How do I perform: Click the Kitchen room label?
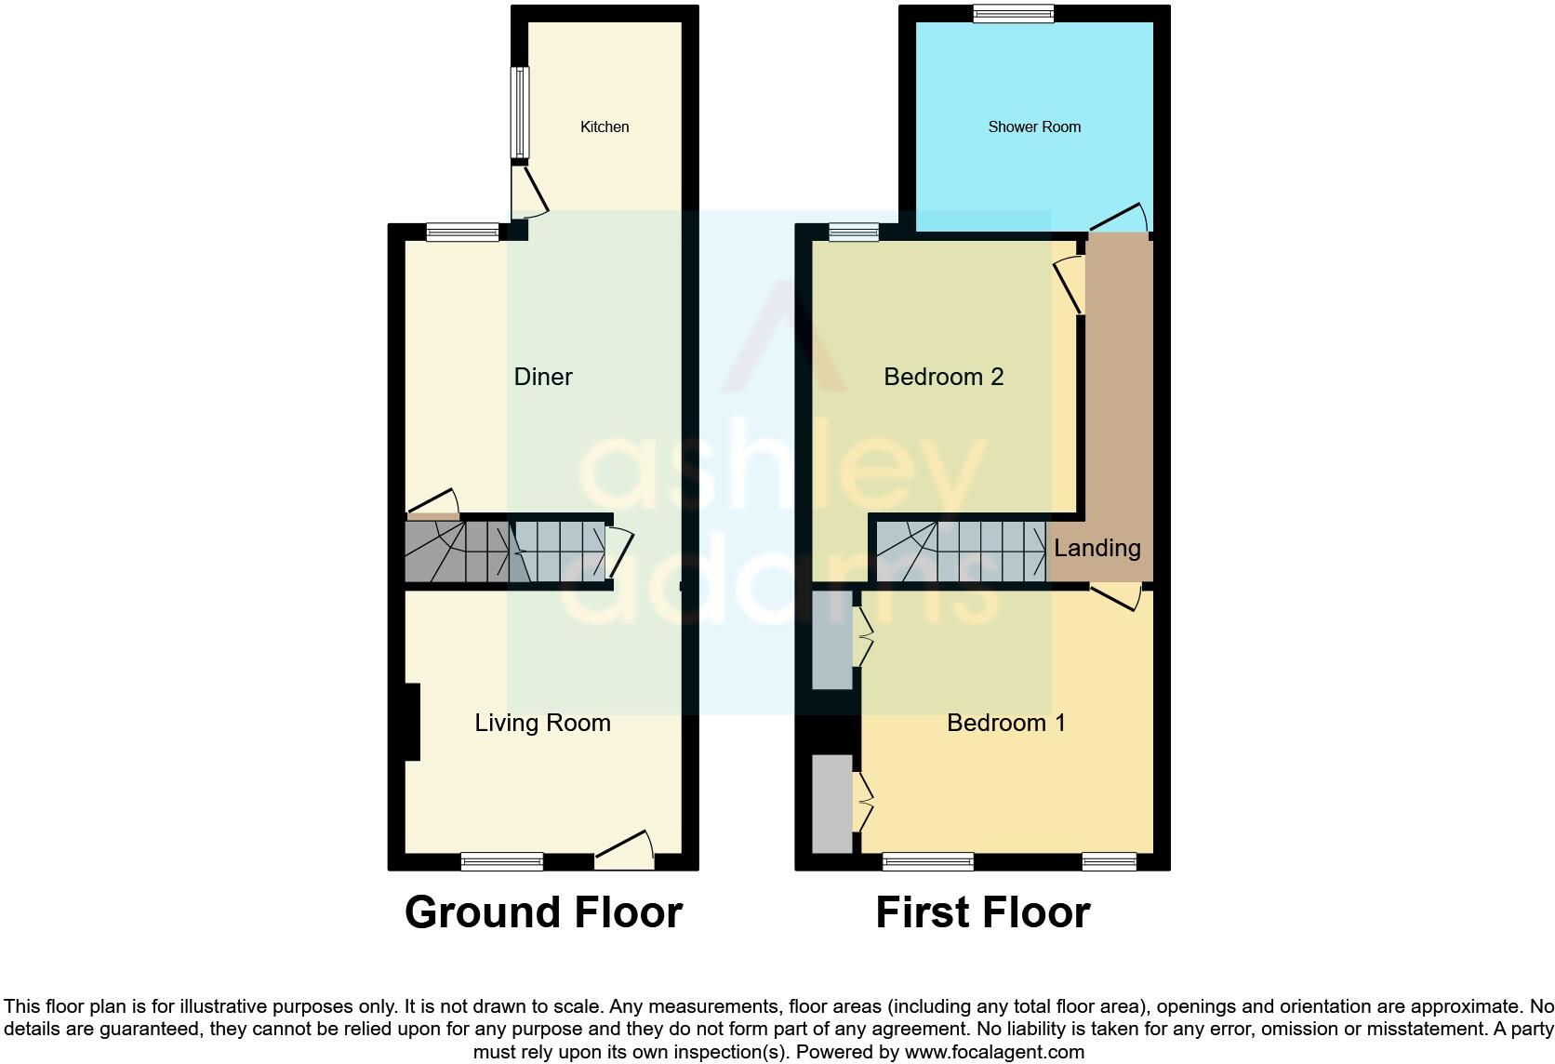click(x=605, y=126)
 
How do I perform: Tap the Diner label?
click(x=543, y=377)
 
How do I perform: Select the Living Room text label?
click(x=542, y=723)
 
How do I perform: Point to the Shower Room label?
click(x=1034, y=126)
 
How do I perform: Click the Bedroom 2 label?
click(x=943, y=377)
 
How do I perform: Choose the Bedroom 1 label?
click(x=1005, y=723)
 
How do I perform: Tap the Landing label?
click(x=1096, y=548)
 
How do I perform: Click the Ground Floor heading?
click(x=543, y=912)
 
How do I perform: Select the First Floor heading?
click(x=982, y=912)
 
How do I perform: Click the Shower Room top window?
click(x=1013, y=13)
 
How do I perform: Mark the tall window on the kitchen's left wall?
click(x=521, y=113)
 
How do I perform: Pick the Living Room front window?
click(x=502, y=861)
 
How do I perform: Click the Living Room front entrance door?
click(x=625, y=848)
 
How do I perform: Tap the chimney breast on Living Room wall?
click(x=412, y=722)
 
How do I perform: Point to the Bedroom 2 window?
click(x=854, y=233)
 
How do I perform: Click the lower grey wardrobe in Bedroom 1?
click(x=831, y=803)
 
